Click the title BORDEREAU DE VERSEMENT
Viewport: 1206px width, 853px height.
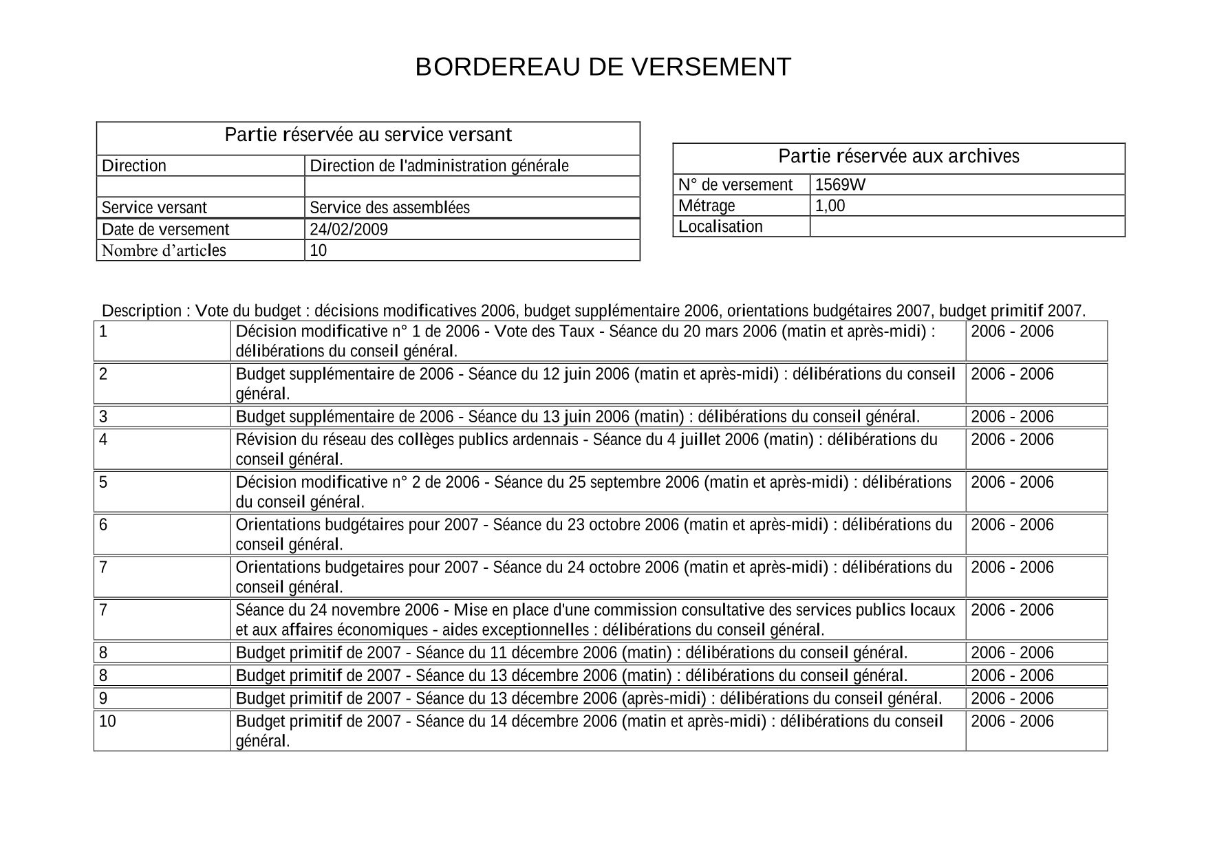[603, 67]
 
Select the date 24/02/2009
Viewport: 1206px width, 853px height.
[348, 229]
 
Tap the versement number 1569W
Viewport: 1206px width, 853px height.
[840, 184]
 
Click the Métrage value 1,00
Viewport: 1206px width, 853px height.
[830, 206]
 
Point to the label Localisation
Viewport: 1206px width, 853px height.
[720, 226]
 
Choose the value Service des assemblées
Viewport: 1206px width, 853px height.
[389, 208]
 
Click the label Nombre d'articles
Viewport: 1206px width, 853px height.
[164, 250]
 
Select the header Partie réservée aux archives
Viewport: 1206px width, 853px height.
[898, 157]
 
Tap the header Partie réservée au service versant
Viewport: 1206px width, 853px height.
[368, 135]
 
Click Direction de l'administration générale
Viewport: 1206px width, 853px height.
[439, 166]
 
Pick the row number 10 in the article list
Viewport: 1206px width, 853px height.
[107, 722]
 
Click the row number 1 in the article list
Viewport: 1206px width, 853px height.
[103, 332]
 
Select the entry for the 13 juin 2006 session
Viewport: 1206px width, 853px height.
[577, 417]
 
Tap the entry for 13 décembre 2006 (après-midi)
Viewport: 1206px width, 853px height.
[588, 698]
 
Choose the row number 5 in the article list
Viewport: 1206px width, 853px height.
[103, 482]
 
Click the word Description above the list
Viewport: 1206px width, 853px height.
[141, 311]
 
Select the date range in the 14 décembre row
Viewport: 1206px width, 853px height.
[1011, 722]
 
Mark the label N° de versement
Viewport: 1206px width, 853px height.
[735, 184]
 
